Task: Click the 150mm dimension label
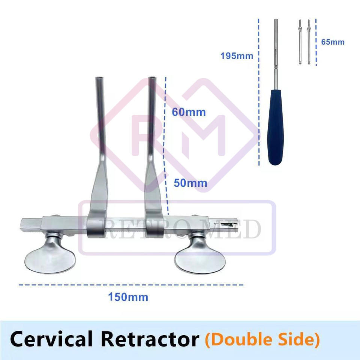coord(128,297)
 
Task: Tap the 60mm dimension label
coord(189,112)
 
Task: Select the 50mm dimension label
coord(190,183)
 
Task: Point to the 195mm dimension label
coord(237,56)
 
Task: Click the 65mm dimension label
coord(333,42)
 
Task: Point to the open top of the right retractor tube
coord(152,79)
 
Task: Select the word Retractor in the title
coord(150,339)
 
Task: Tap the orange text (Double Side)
coord(262,339)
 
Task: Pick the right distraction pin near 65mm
coord(309,41)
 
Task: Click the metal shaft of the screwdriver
coord(276,49)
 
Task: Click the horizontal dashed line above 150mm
coord(131,285)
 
